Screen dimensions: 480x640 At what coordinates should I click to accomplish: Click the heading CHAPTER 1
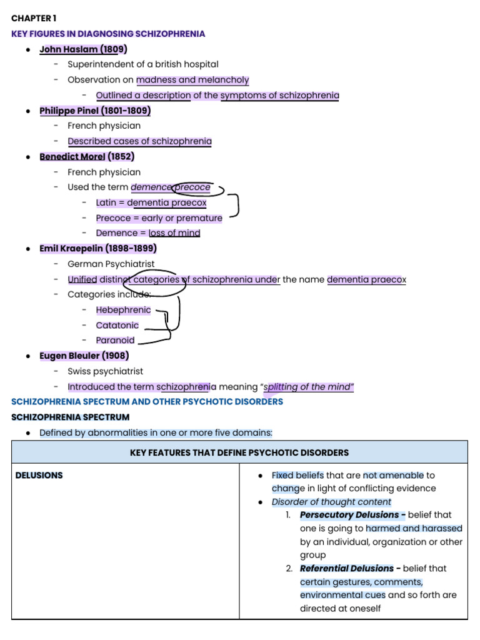[34, 18]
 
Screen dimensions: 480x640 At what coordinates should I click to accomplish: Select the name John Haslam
[69, 49]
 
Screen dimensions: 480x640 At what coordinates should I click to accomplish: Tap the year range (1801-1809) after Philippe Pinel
[126, 111]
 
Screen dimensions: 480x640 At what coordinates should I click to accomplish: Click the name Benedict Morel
[72, 157]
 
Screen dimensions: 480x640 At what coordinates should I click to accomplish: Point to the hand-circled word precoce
[192, 187]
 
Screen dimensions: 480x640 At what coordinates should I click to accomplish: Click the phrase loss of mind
[174, 233]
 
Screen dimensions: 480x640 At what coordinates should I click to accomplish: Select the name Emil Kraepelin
[71, 249]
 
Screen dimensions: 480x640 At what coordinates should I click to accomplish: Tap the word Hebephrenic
[123, 310]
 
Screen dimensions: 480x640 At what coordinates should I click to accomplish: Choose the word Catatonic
[117, 325]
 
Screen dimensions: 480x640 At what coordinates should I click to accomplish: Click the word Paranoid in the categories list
[115, 341]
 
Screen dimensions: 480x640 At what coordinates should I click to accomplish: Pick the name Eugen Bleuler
[69, 356]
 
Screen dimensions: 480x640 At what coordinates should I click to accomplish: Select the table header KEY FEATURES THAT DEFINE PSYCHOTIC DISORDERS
[239, 452]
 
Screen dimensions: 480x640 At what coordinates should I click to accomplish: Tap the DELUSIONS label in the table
[39, 476]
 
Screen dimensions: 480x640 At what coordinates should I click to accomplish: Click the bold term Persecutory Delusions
[349, 515]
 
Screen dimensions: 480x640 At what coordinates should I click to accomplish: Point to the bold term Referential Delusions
[347, 569]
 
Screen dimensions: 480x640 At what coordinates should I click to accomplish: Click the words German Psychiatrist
[111, 264]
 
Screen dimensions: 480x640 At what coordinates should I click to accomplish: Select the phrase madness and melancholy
[192, 80]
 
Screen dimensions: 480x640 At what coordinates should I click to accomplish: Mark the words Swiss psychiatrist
[105, 371]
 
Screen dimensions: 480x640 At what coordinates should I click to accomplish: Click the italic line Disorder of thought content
[331, 502]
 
